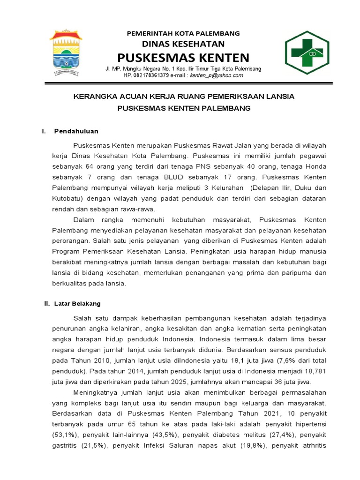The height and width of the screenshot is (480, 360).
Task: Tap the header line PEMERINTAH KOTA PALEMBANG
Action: [x=184, y=33]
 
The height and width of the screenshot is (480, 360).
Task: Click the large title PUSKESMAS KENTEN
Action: [x=183, y=58]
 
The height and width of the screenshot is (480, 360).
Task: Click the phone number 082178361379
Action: [x=153, y=75]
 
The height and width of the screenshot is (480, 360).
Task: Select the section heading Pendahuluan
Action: [x=76, y=131]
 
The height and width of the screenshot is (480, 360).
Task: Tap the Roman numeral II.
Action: [x=47, y=304]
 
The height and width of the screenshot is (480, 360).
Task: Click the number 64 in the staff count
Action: [x=90, y=166]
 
